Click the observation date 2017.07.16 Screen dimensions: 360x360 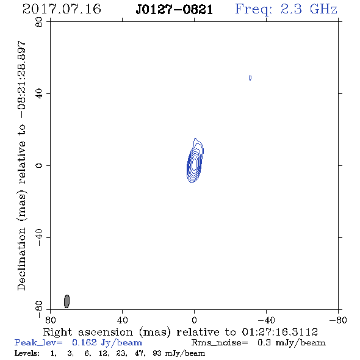tap(62, 9)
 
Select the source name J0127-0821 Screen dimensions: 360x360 tap(175, 9)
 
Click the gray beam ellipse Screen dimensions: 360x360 tap(67, 301)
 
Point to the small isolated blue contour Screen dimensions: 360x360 tap(250, 78)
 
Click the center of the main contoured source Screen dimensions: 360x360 tap(195, 164)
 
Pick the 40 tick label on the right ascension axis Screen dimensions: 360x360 tap(122, 320)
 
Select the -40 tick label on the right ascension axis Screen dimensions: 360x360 tap(266, 320)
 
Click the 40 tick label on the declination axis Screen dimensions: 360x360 tap(39, 94)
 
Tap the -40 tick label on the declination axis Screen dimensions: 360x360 tap(39, 237)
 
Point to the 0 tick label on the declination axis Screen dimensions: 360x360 tap(39, 165)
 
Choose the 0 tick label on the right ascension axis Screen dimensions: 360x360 tap(194, 320)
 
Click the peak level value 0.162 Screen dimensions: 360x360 tap(84, 342)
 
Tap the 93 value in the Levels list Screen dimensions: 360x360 tap(157, 353)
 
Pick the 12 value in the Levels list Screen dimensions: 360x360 tap(103, 353)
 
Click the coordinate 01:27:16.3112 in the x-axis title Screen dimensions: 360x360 tap(280, 332)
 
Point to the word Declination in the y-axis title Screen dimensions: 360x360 tap(21, 259)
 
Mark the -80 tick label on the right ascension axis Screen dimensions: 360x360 tap(338, 320)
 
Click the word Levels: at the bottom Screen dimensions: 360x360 tap(27, 353)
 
